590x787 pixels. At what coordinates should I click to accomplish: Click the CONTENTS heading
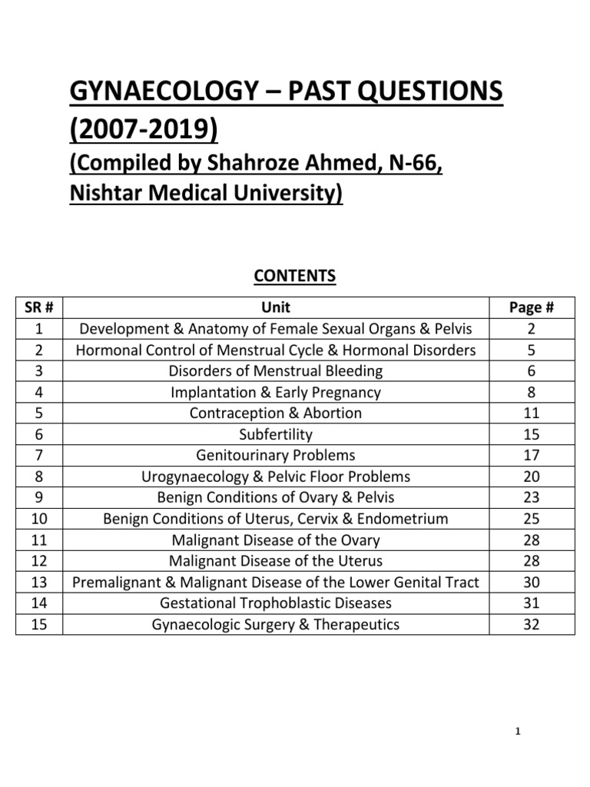click(x=295, y=276)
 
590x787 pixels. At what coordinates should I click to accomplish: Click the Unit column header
click(x=276, y=308)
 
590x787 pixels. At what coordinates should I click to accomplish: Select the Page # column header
click(x=532, y=308)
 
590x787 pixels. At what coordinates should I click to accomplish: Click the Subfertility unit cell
click(x=276, y=434)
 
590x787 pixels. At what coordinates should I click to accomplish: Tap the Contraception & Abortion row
click(x=276, y=413)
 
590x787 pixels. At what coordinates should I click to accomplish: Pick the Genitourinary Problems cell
click(x=276, y=455)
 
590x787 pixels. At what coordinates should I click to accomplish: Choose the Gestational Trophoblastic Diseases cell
click(x=276, y=603)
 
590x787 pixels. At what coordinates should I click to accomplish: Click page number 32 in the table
click(x=532, y=624)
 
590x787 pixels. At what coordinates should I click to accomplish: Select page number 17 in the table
click(x=532, y=455)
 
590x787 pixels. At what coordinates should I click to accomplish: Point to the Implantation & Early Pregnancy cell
click(x=276, y=392)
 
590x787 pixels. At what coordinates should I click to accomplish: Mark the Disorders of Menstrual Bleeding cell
click(x=276, y=371)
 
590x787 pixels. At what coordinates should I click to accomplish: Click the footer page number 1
click(x=519, y=731)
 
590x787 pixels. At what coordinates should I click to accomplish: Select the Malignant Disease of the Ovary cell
click(x=276, y=540)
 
